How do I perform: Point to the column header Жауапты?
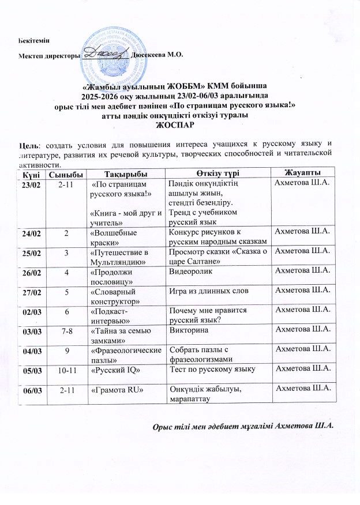303,174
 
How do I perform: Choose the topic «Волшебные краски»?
114,237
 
